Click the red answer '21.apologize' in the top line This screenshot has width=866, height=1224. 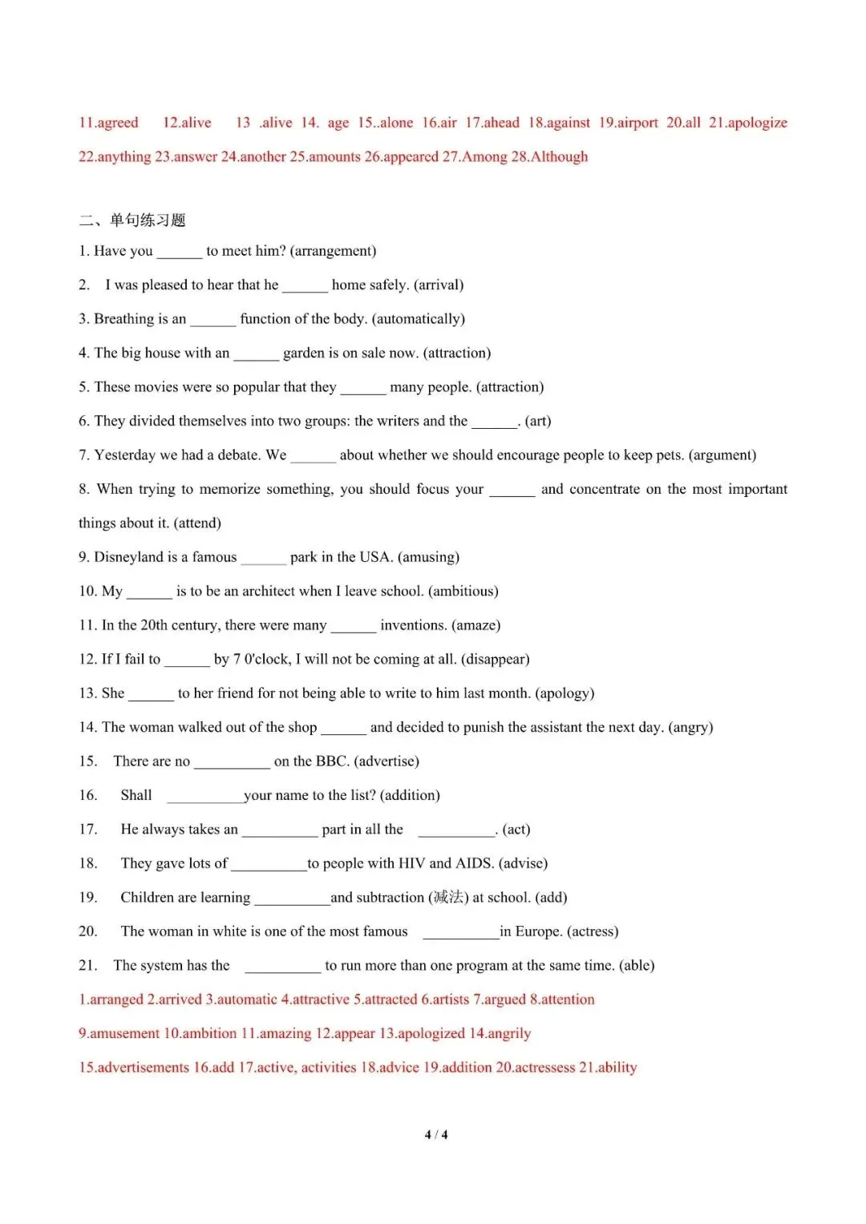pyautogui.click(x=747, y=123)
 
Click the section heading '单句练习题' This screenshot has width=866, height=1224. pyautogui.click(x=148, y=220)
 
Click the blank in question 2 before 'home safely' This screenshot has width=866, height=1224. pyautogui.click(x=305, y=286)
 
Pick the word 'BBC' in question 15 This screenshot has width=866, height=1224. pyautogui.click(x=330, y=761)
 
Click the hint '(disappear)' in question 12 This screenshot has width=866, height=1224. pyautogui.click(x=495, y=660)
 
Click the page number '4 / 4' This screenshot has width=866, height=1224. pyautogui.click(x=436, y=1135)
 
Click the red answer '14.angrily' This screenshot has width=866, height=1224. pyautogui.click(x=500, y=1034)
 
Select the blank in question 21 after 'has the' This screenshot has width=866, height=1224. pyautogui.click(x=282, y=967)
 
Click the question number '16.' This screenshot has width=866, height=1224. pyautogui.click(x=88, y=795)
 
